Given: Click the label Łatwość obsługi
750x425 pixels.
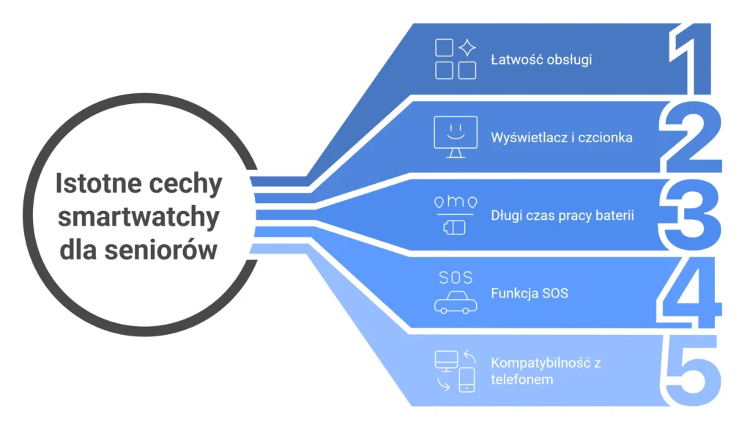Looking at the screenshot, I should coord(541,59).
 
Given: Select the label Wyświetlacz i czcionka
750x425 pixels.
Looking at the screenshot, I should coord(562,137).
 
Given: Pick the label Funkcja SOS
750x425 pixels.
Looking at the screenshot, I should coord(530,294).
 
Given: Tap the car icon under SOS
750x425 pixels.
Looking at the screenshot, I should coord(455,303).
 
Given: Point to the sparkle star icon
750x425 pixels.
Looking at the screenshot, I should coord(467,48).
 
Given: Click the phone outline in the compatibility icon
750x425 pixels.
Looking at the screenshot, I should coord(467,380).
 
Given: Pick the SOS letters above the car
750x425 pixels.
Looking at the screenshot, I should coord(456,278).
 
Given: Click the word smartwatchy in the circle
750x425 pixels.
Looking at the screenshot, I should coord(138,217).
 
